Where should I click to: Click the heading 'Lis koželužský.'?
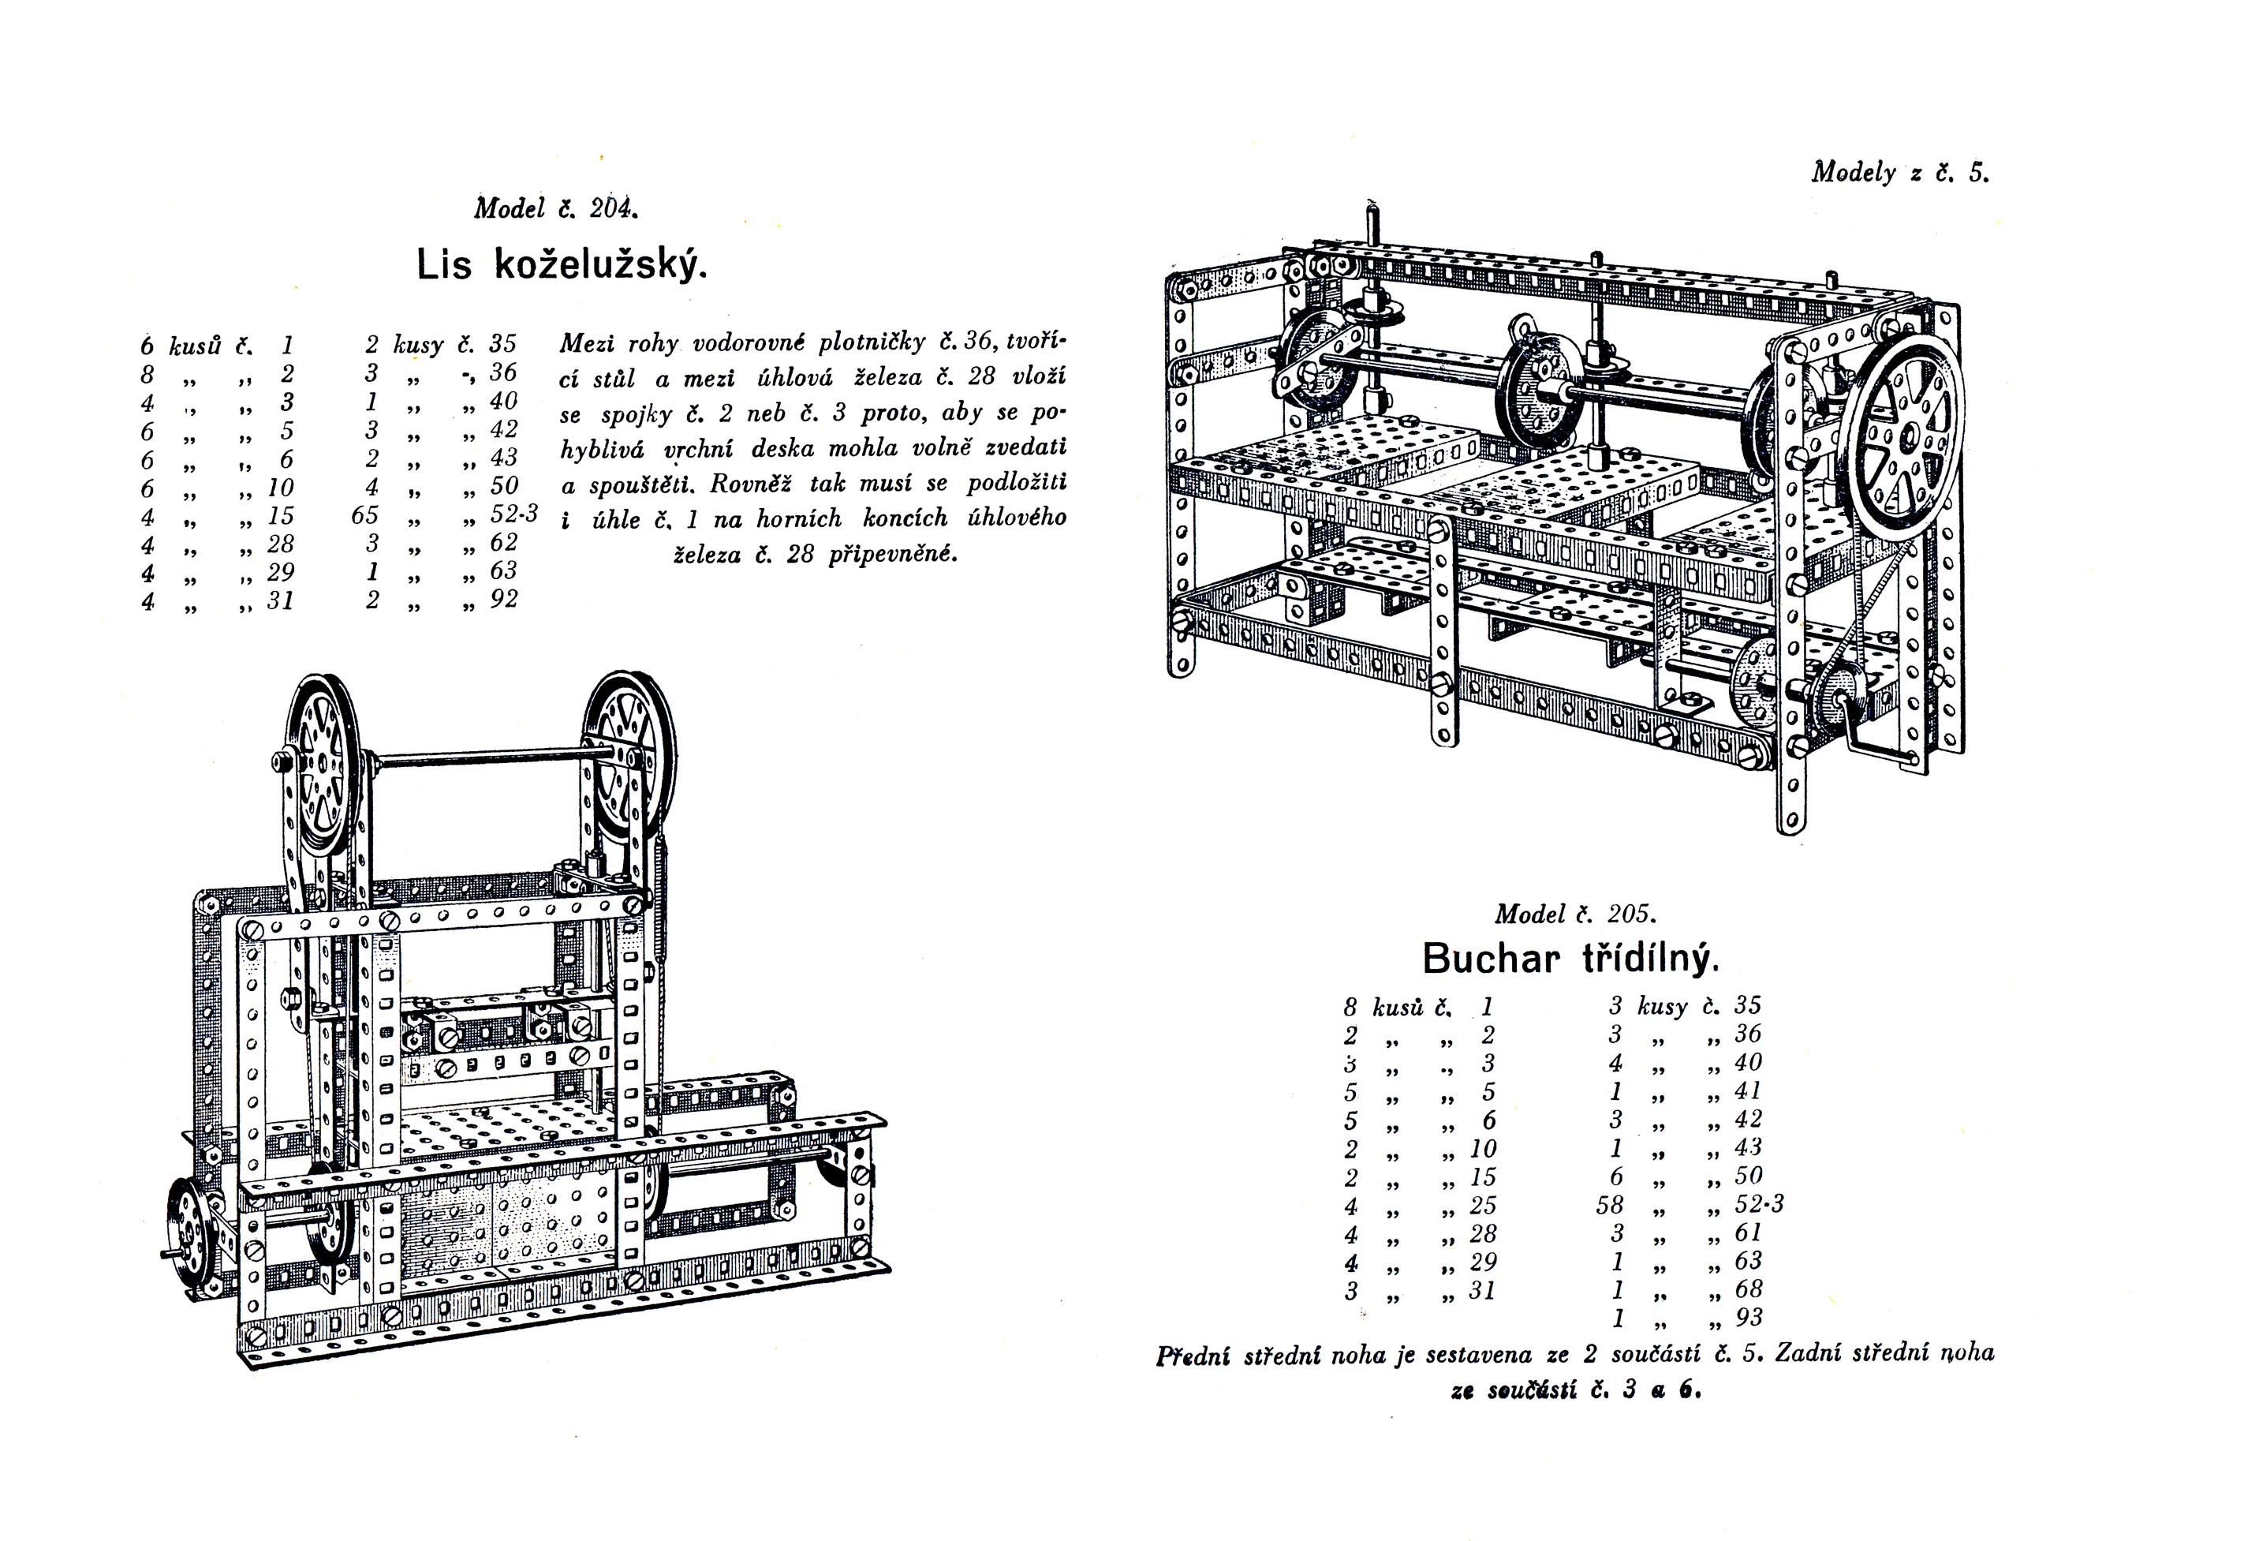[x=562, y=264]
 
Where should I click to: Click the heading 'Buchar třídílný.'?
[x=1570, y=959]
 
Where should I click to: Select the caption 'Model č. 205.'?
[x=1574, y=914]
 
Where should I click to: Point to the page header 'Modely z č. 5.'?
[x=1900, y=173]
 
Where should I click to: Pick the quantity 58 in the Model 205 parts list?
[x=1609, y=1205]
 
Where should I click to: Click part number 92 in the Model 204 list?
[x=503, y=600]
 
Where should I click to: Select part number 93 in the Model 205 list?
[x=1748, y=1318]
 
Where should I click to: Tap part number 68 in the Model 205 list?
[x=1748, y=1289]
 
